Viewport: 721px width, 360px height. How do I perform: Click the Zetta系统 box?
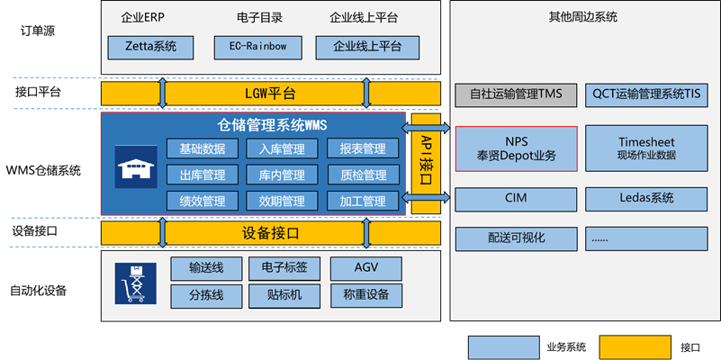[143, 46]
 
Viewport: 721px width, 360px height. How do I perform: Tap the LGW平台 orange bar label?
[270, 94]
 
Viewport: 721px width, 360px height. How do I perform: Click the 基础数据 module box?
[203, 148]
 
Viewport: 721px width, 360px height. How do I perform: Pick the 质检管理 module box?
[363, 175]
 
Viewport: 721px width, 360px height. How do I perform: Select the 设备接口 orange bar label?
[270, 233]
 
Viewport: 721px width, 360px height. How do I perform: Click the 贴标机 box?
[284, 294]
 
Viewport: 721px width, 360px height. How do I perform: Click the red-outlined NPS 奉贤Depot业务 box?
[516, 148]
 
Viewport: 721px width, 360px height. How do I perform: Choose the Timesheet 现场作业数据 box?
[645, 148]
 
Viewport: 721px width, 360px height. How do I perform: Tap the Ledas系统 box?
[645, 199]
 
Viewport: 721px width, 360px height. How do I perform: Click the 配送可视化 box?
[516, 238]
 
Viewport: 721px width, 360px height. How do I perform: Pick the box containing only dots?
[645, 238]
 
